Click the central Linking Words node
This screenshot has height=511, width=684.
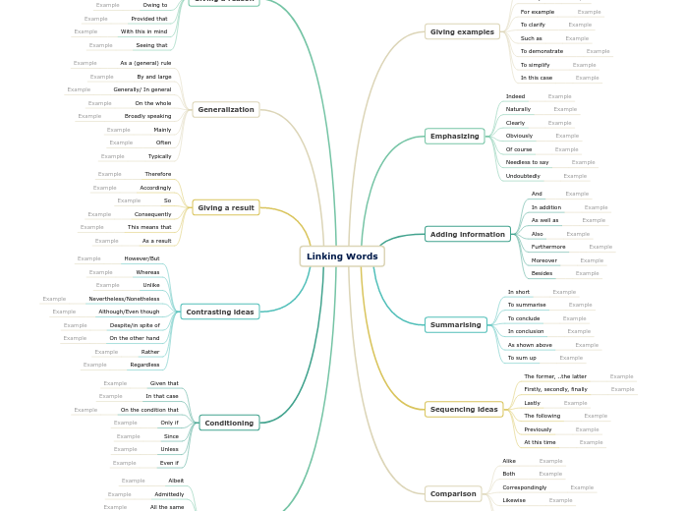(342, 256)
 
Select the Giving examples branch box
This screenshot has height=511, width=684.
(462, 32)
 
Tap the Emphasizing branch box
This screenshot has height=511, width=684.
(454, 137)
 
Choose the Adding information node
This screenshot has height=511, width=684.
(468, 234)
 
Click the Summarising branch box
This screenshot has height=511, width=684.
(456, 324)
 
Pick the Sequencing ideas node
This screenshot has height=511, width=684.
(464, 409)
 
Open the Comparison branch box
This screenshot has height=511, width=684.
(453, 493)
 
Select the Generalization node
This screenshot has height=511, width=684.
(226, 109)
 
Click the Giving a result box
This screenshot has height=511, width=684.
(226, 207)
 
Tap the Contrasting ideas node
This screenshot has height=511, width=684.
(220, 312)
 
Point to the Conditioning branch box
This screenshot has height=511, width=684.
(229, 423)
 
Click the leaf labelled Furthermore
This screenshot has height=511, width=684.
(548, 247)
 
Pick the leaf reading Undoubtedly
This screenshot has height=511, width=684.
(523, 176)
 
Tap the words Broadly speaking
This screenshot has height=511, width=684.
(147, 116)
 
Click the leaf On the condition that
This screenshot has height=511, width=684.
(149, 410)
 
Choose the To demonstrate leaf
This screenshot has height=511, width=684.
(541, 51)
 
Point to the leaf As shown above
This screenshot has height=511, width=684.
(530, 345)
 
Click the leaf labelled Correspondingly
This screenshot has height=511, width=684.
(524, 487)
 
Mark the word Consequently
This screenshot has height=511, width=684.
(152, 214)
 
